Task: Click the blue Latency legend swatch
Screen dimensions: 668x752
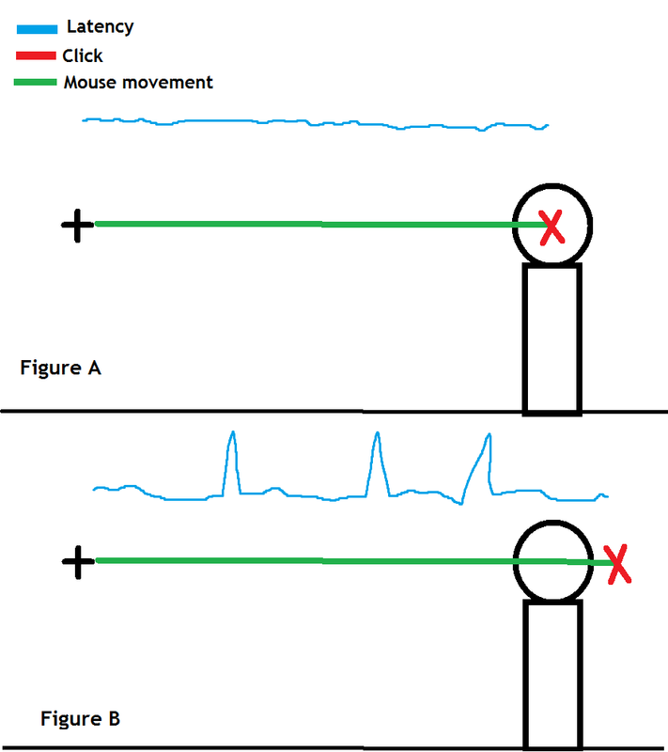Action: coord(38,29)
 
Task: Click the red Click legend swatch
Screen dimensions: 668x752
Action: coord(38,55)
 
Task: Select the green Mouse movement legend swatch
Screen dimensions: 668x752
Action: coord(36,83)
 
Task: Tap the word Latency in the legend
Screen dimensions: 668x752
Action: coord(100,27)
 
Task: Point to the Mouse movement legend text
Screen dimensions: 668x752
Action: coord(138,83)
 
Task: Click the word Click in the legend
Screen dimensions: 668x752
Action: coord(83,55)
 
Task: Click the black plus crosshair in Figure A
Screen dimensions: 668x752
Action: coord(77,225)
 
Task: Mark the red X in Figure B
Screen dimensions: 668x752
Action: coord(617,564)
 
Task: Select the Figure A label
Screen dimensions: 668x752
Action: coord(60,368)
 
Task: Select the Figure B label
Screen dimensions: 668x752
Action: coord(80,720)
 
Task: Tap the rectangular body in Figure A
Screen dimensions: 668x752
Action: coord(551,338)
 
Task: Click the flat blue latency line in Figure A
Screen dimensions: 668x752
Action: coord(310,122)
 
